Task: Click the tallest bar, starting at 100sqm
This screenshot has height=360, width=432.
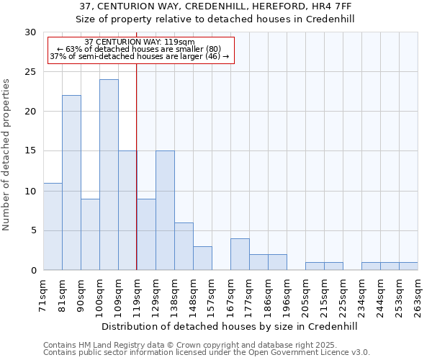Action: point(109,175)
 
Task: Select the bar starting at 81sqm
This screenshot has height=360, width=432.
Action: point(71,183)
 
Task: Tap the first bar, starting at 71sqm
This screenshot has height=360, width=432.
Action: point(53,227)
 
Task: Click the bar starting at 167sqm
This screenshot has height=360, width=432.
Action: point(240,254)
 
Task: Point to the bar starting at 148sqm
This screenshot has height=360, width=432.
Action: point(202,258)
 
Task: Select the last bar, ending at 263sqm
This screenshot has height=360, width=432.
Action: point(408,266)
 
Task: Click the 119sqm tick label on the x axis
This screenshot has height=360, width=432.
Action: point(137,296)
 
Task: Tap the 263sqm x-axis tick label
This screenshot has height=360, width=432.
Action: point(418,296)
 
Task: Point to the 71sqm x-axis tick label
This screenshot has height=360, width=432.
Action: point(43,296)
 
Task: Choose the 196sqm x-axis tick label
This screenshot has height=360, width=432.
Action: point(287,296)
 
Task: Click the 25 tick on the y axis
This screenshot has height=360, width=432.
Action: point(30,72)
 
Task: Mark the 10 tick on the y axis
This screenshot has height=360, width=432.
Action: point(30,191)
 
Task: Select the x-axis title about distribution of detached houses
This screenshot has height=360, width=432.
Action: point(229,326)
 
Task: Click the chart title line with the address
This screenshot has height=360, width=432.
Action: point(216,6)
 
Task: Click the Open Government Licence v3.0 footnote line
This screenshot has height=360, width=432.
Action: point(207,353)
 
